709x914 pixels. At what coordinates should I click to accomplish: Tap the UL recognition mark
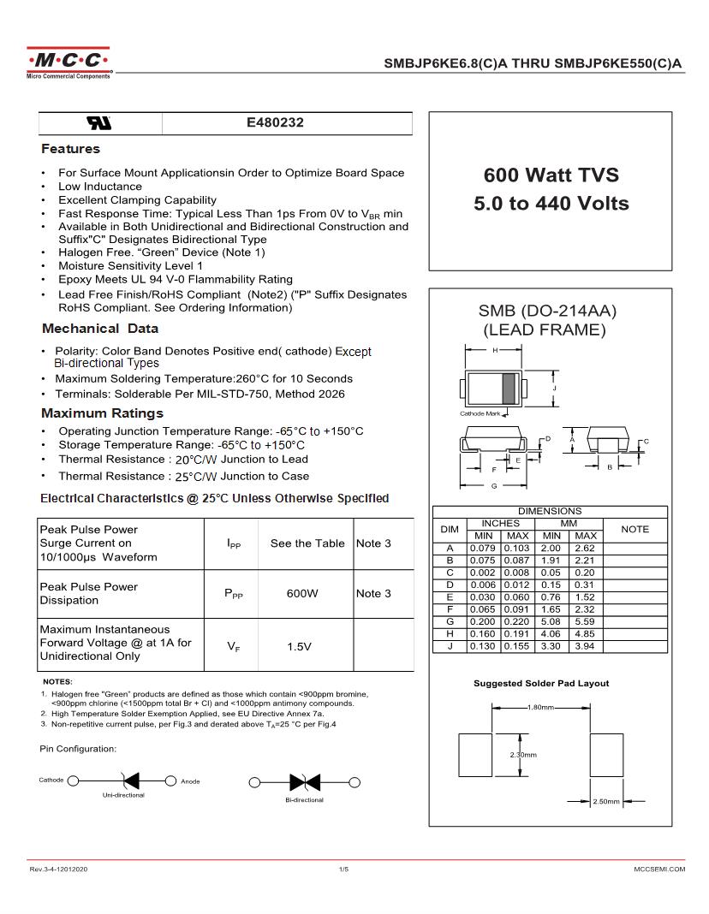(100, 123)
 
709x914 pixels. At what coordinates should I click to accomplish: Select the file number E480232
(275, 123)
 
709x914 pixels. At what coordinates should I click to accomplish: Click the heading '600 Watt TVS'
(551, 175)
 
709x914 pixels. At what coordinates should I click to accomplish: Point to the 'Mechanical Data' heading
(99, 329)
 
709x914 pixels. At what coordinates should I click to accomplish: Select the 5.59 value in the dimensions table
(585, 634)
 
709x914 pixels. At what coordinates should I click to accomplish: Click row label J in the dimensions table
(450, 646)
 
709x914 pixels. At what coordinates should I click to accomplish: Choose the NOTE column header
(635, 529)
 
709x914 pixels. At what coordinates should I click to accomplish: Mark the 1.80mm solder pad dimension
(540, 708)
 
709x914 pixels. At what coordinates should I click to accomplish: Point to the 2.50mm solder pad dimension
(605, 802)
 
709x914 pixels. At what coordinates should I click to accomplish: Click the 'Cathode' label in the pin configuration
(51, 780)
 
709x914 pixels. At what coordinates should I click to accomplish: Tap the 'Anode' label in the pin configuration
(190, 781)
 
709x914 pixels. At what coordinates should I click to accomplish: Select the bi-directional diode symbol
(299, 781)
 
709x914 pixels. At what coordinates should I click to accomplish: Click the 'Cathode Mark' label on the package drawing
(480, 413)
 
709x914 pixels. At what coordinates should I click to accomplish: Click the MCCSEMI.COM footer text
(659, 869)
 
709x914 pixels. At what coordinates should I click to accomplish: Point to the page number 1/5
(343, 869)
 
